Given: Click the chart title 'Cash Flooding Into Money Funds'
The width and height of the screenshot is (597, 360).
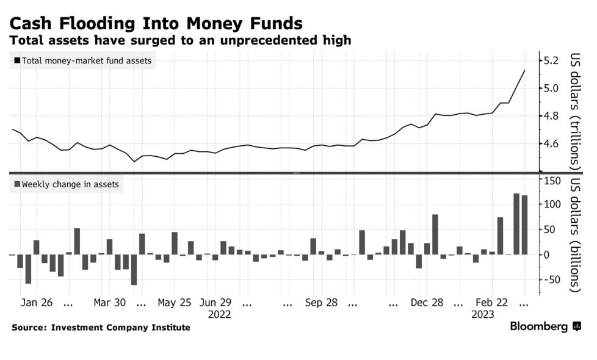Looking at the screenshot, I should pyautogui.click(x=156, y=23).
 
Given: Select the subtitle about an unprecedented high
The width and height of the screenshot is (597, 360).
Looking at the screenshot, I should pyautogui.click(x=180, y=40).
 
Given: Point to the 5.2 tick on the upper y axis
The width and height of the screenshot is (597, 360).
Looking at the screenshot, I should pyautogui.click(x=551, y=60).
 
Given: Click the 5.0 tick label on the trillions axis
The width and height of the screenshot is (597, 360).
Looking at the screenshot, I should pyautogui.click(x=551, y=88).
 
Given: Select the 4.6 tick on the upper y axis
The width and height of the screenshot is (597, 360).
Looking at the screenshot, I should pyautogui.click(x=551, y=143).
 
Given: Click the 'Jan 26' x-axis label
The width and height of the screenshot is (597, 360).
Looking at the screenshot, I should pyautogui.click(x=36, y=303).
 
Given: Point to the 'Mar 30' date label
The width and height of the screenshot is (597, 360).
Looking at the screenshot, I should pyautogui.click(x=110, y=303).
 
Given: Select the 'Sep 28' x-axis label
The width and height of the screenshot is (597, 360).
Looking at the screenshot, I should pyautogui.click(x=321, y=303).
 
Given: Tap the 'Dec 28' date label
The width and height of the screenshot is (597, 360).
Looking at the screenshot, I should pyautogui.click(x=427, y=303).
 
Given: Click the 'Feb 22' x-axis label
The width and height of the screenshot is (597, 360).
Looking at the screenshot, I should pyautogui.click(x=492, y=303).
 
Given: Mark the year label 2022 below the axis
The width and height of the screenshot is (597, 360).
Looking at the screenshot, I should pyautogui.click(x=220, y=315).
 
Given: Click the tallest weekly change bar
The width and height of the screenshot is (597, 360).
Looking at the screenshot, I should pyautogui.click(x=516, y=224).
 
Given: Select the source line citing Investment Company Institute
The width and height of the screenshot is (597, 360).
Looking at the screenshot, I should pyautogui.click(x=101, y=328).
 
